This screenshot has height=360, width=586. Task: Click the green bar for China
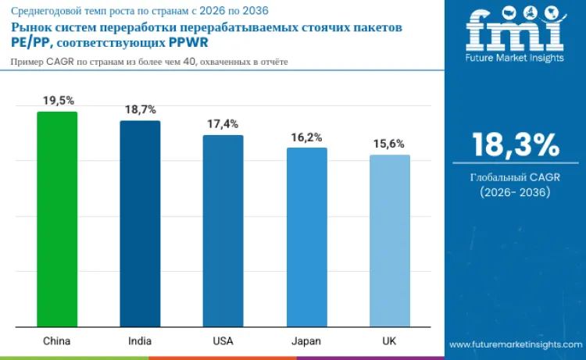[57, 219]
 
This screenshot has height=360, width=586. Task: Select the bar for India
[140, 223]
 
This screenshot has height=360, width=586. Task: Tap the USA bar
[223, 230]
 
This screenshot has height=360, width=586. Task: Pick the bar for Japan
[306, 237]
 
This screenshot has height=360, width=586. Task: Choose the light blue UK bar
[389, 241]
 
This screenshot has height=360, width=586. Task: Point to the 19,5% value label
[57, 101]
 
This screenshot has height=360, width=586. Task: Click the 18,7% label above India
[140, 110]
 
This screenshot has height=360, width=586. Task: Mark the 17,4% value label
[223, 124]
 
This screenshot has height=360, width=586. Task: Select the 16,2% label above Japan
[306, 137]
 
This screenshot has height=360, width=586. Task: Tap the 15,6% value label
[389, 144]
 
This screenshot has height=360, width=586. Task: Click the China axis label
[57, 341]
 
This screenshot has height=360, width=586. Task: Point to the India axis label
[140, 341]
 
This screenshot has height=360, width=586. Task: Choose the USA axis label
[223, 341]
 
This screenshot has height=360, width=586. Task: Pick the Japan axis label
[306, 341]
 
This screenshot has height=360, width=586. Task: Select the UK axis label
[389, 341]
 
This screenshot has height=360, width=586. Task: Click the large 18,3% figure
[515, 145]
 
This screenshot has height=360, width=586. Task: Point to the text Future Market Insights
[514, 59]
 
